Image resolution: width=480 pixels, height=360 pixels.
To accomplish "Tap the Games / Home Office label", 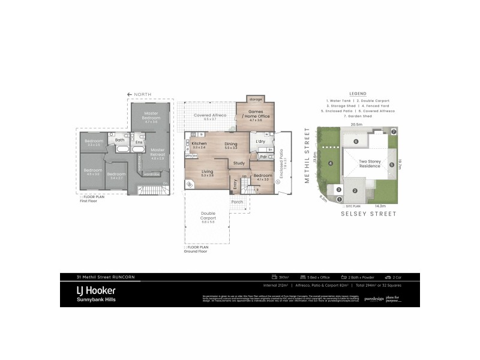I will [x=256, y=114].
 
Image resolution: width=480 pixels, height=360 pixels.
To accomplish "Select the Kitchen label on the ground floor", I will [x=199, y=144].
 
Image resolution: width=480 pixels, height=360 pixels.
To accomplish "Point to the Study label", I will [x=238, y=163].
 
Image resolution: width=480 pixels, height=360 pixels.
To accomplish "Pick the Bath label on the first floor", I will [x=120, y=140].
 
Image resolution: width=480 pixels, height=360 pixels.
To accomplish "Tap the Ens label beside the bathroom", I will [x=139, y=142].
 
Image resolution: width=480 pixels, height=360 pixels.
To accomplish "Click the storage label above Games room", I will [x=256, y=99].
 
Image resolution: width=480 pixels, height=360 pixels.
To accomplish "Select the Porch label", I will [x=238, y=202].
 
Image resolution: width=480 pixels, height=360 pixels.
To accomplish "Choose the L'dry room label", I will [x=260, y=140].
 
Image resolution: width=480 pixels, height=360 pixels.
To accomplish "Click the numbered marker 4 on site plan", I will [x=330, y=163].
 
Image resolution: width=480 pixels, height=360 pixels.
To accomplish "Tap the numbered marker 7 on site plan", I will [x=394, y=131].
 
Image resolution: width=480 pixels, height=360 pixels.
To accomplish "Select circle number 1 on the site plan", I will [x=339, y=199].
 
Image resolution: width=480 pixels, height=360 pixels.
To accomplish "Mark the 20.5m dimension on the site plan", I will [x=357, y=124].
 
